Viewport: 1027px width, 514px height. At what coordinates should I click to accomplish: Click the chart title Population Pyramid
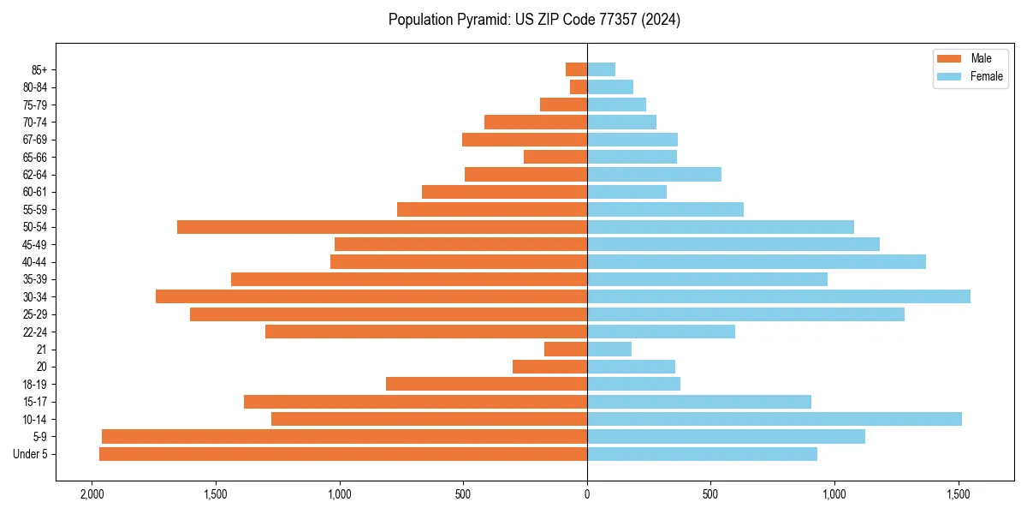click(534, 20)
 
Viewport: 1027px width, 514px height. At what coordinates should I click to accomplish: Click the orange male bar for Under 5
click(342, 454)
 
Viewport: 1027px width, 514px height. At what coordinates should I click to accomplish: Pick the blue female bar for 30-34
click(779, 296)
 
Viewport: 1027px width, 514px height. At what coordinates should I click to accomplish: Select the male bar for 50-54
click(382, 227)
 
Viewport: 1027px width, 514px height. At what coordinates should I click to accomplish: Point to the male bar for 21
click(566, 350)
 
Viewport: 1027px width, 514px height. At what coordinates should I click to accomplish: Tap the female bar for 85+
click(601, 69)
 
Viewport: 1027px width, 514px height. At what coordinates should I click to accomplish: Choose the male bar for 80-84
click(579, 87)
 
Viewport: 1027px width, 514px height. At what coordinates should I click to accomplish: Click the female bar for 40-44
click(757, 261)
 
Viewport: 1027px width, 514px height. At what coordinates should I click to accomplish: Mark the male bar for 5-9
click(344, 437)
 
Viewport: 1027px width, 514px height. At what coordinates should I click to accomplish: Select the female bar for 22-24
click(661, 332)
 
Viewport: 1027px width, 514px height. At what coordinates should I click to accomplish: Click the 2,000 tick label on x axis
click(92, 494)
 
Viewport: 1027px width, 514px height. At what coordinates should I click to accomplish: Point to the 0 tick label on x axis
click(587, 494)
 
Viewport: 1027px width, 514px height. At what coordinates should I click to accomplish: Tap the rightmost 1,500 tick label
click(959, 494)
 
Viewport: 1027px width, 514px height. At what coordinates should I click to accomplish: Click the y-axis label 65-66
click(35, 157)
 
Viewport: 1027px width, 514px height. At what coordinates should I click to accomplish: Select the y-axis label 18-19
click(35, 385)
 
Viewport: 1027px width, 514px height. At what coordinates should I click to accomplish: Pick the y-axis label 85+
click(39, 69)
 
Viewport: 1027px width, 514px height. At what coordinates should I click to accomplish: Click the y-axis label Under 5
click(31, 454)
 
